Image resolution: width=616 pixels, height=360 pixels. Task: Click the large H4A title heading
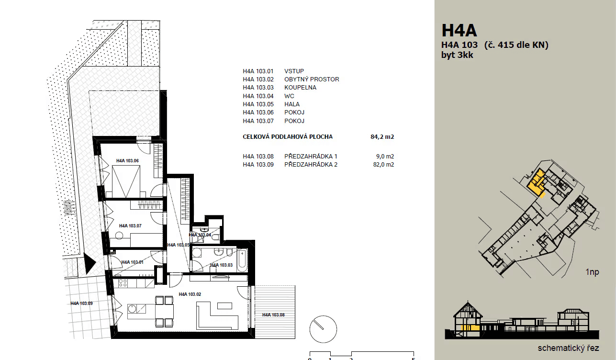point(459,30)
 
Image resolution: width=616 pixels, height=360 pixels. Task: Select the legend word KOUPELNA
point(300,88)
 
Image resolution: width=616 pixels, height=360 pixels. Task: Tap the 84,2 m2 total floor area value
point(382,137)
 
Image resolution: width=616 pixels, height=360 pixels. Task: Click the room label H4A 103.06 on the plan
point(127,161)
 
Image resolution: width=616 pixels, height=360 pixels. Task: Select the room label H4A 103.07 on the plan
point(130,225)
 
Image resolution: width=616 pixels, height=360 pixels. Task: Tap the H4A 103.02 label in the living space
point(190,294)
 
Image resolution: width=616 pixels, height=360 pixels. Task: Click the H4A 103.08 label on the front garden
point(273,315)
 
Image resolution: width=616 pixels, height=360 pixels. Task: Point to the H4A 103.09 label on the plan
point(81,303)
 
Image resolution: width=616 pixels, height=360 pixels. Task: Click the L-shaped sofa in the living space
point(217,316)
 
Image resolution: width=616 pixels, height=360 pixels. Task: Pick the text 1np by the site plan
point(592,272)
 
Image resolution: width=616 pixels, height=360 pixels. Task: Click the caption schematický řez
point(568,348)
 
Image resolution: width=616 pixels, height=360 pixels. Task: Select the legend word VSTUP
point(294,71)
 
